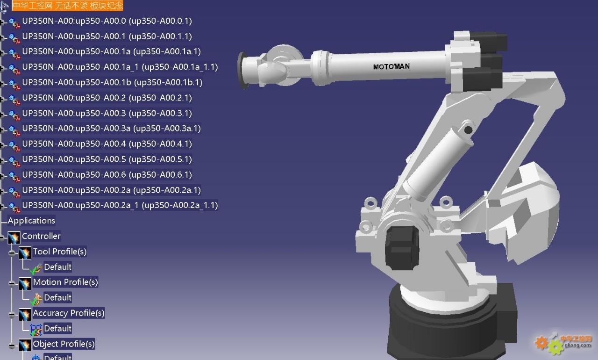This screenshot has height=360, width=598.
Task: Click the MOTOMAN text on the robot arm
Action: [391, 66]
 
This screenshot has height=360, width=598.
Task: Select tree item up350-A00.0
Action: [107, 21]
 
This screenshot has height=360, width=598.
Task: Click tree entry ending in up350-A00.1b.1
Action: [112, 83]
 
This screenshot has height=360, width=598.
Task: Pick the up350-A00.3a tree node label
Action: [111, 129]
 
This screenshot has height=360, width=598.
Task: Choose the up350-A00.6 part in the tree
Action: [107, 175]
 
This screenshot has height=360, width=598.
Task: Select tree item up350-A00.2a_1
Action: [120, 205]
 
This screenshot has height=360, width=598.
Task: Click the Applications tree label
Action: [31, 221]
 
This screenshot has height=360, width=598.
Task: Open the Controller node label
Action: [41, 236]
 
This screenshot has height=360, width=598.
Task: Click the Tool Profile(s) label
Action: [60, 252]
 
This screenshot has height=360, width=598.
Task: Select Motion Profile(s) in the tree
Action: [65, 282]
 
